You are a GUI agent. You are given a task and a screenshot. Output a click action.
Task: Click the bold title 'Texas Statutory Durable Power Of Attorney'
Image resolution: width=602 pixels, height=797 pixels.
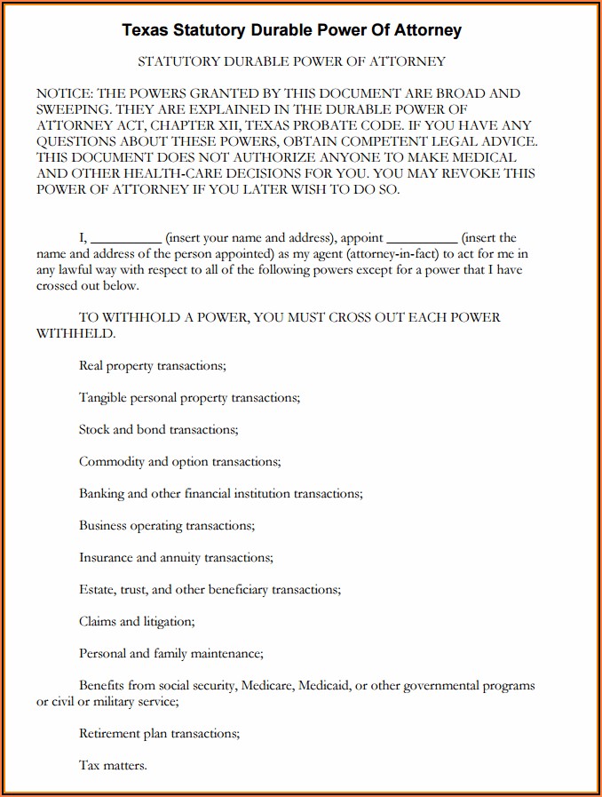click(x=291, y=30)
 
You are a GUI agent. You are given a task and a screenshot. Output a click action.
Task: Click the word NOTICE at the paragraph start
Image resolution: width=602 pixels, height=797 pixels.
click(x=64, y=93)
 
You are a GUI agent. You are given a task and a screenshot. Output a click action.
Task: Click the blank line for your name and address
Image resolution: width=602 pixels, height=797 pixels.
click(x=126, y=238)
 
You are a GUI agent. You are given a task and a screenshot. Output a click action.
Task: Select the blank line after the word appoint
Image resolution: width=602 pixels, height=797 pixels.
click(x=423, y=238)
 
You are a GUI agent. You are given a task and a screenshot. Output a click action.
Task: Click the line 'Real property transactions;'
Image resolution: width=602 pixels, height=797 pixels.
click(x=153, y=365)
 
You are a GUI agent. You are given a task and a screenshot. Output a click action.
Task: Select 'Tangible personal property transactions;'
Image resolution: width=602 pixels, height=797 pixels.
click(x=189, y=397)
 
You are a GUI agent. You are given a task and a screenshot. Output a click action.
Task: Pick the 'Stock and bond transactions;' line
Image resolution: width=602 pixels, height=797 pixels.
click(x=158, y=429)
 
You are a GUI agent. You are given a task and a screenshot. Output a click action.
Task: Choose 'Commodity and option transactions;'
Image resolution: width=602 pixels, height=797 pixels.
click(x=179, y=461)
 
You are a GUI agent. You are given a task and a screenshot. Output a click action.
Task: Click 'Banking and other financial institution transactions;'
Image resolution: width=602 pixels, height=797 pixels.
click(x=220, y=493)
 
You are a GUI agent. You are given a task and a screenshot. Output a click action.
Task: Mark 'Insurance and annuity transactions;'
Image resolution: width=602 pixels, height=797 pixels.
click(x=176, y=557)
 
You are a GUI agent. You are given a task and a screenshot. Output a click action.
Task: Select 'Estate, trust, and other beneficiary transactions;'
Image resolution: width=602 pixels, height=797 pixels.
click(x=210, y=589)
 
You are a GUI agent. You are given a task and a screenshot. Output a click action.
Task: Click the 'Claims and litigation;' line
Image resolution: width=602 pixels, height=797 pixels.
click(x=137, y=621)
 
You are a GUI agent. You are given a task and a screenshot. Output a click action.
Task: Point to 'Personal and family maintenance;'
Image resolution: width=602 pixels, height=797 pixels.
click(x=170, y=653)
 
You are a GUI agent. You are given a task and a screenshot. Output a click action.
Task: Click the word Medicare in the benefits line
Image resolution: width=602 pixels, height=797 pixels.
click(x=266, y=686)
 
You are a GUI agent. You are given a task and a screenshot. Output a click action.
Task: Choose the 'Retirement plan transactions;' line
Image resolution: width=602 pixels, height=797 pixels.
click(x=159, y=734)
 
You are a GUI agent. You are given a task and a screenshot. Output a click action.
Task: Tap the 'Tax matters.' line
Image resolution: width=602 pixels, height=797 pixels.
click(x=113, y=765)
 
